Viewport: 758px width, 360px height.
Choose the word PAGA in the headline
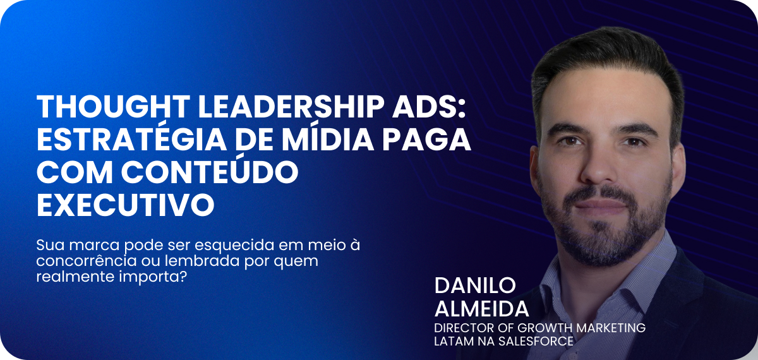[x=427, y=139]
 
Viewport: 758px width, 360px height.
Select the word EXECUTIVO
[x=126, y=205]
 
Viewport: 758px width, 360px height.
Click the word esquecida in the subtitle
[x=234, y=245]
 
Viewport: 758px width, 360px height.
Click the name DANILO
[x=475, y=285]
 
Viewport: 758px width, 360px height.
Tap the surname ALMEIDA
[x=481, y=309]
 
